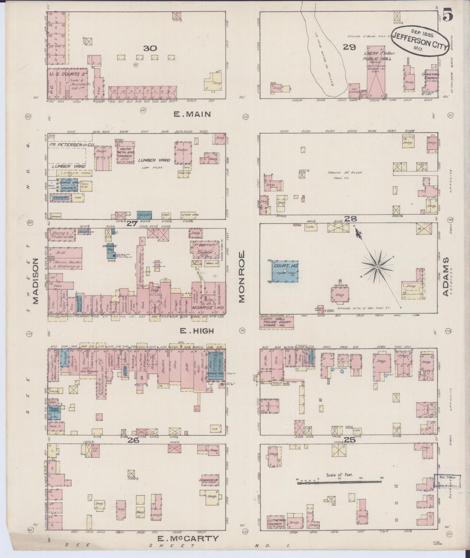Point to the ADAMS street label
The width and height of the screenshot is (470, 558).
(446, 277)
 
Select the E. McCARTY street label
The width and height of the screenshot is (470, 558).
(188, 538)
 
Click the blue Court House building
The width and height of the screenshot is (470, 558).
(285, 271)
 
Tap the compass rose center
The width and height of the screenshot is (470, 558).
(377, 267)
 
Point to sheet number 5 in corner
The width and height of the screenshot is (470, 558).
(449, 15)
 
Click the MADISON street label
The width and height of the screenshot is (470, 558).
(35, 281)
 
